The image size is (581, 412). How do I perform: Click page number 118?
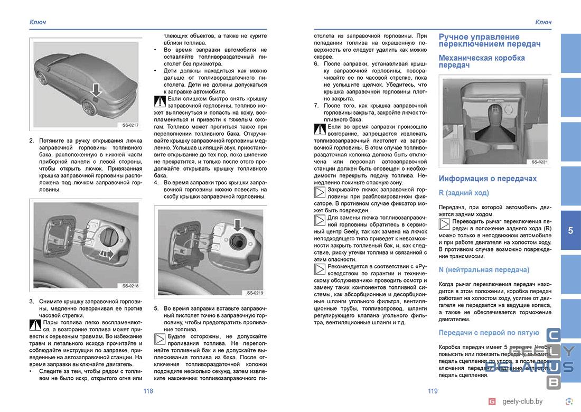(148, 391)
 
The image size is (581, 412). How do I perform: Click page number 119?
(433, 391)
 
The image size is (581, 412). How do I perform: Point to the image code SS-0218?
(129, 286)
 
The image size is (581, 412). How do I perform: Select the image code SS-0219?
(255, 292)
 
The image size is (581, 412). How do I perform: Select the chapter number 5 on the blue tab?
(570, 230)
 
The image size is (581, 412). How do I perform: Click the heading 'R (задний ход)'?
(464, 193)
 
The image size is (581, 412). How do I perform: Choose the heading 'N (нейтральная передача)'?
(484, 270)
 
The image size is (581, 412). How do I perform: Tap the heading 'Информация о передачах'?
(488, 179)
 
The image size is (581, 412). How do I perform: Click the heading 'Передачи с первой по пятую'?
(489, 333)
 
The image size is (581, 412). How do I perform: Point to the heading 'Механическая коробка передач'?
(481, 61)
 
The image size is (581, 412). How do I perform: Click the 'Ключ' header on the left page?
(38, 22)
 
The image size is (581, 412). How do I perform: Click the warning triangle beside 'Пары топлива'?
(35, 325)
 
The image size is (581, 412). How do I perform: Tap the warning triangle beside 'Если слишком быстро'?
(160, 101)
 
